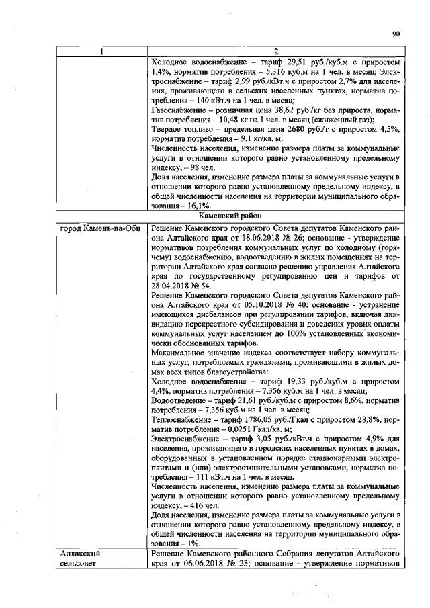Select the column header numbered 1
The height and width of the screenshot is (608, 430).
click(101, 52)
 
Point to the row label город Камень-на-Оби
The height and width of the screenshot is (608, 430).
click(100, 228)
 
